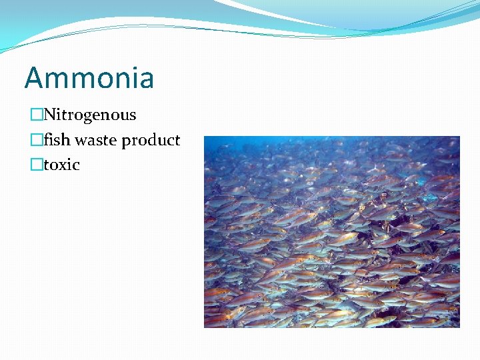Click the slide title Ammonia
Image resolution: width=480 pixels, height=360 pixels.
pos(89,77)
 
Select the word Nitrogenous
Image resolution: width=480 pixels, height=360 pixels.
pos(90,115)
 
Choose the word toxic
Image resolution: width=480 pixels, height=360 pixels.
pos(61,165)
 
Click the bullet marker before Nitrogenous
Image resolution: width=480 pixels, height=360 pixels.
pos(36,115)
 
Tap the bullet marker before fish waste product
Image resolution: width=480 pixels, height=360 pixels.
pos(36,140)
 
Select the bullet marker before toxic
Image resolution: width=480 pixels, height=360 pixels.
pos(36,165)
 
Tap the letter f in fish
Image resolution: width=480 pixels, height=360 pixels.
pos(47,139)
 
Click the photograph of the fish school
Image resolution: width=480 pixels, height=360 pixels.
pos(331,231)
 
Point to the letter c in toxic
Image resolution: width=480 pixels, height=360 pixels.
pos(76,165)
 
